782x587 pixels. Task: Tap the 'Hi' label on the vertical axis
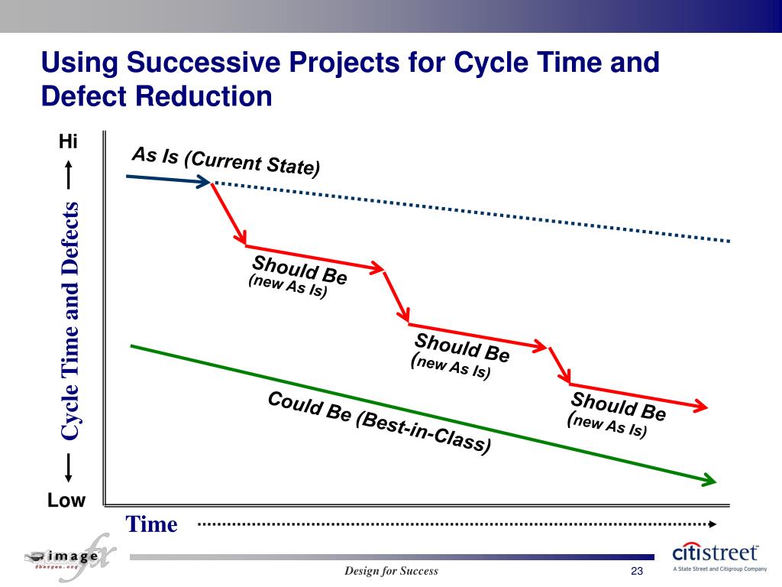pos(69,142)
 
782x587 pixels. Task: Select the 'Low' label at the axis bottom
pos(66,501)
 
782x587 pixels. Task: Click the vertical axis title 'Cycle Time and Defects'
pos(70,321)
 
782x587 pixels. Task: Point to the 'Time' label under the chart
pos(151,524)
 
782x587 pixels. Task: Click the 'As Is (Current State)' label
pos(226,161)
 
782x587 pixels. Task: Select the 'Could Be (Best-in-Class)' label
pos(379,422)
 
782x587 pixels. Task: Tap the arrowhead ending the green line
pos(710,480)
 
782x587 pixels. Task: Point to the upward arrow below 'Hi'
pos(69,173)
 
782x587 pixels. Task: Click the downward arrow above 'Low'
pos(69,468)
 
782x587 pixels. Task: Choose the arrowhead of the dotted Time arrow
pos(712,524)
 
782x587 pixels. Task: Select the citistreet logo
pos(715,553)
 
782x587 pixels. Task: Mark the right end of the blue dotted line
pos(729,241)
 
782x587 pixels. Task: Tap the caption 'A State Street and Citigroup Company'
pos(719,569)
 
